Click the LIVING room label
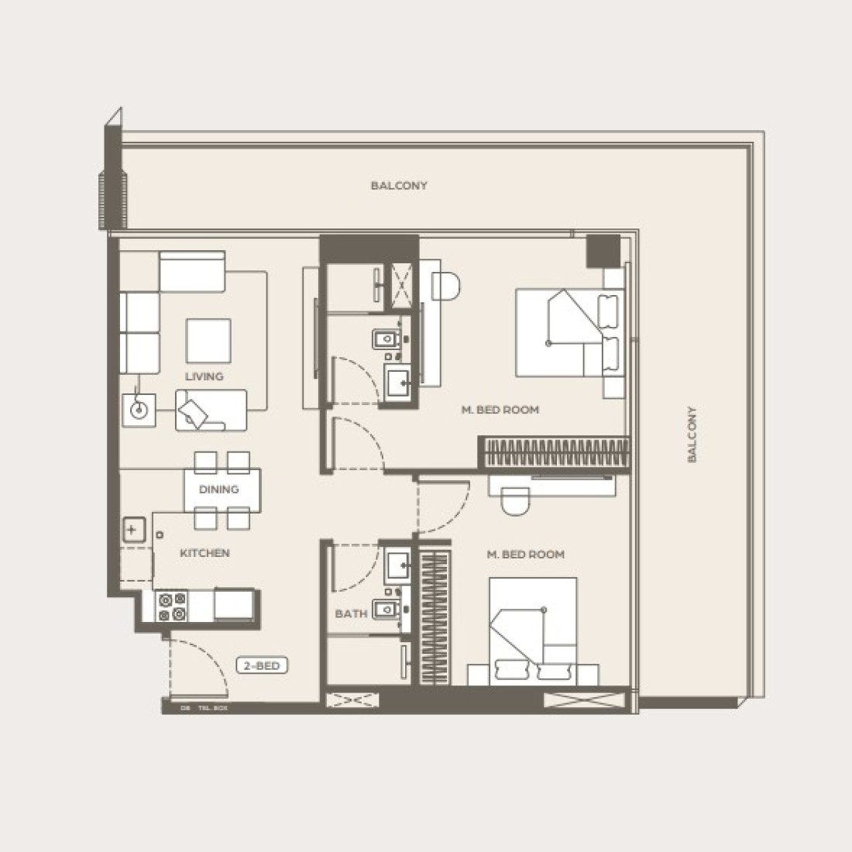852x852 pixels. click(x=204, y=376)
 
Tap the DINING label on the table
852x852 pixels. click(x=218, y=490)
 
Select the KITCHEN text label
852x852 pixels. click(x=204, y=553)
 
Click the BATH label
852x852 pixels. click(x=351, y=613)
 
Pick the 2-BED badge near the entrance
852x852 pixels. click(x=262, y=665)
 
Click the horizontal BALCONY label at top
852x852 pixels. click(x=399, y=186)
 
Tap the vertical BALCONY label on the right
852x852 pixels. click(x=692, y=435)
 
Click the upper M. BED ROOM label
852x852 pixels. click(x=500, y=410)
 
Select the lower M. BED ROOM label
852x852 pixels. click(x=525, y=555)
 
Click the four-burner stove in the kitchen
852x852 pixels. click(x=172, y=606)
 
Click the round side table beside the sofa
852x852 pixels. click(x=139, y=410)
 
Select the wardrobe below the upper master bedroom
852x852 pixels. click(x=554, y=452)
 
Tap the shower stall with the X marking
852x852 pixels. click(x=403, y=284)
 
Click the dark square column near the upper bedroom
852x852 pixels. click(x=603, y=251)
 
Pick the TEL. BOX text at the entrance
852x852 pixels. click(x=213, y=708)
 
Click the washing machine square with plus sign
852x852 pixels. click(x=132, y=531)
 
